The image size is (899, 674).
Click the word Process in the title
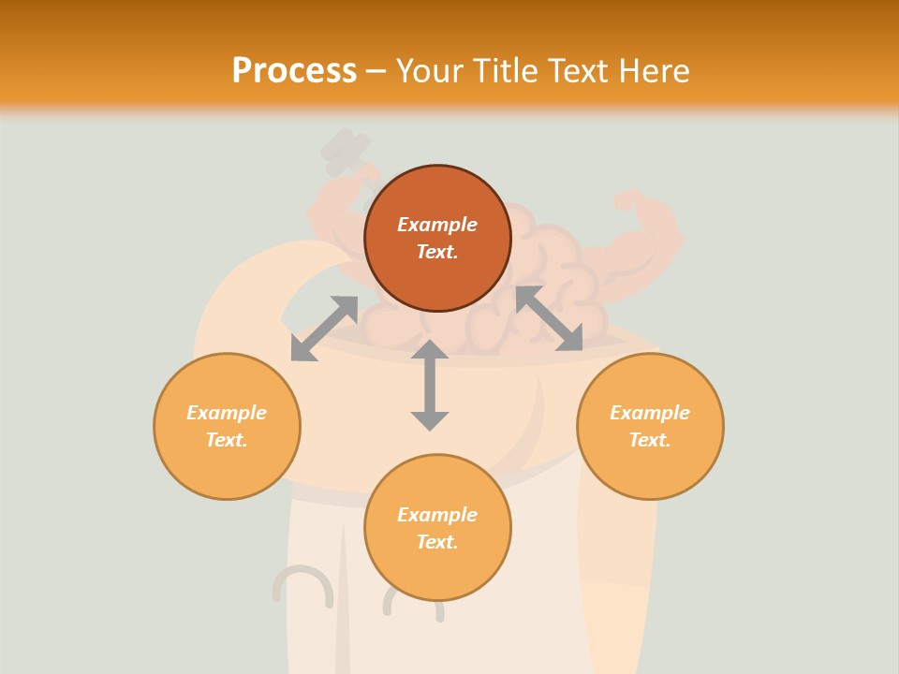294,71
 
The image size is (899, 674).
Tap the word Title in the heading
503,71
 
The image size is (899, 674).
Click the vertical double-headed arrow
430,385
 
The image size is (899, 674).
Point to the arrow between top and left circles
324,329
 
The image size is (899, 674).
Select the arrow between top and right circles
549,318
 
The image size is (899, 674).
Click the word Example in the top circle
437,225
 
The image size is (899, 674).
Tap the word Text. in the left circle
227,440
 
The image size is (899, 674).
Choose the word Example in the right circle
650,413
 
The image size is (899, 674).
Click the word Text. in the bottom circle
437,542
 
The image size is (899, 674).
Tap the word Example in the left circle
227,413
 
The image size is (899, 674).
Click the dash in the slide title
376,72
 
